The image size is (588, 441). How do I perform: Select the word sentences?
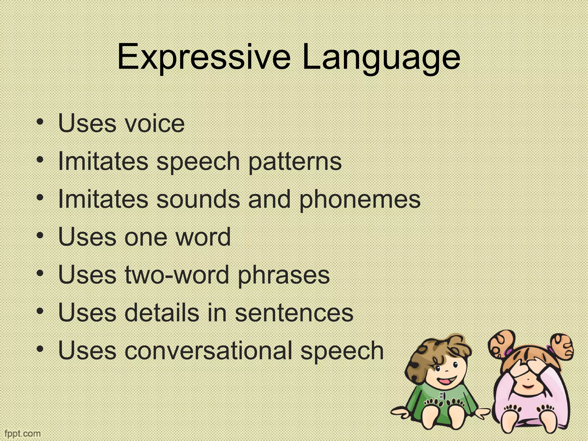(294, 313)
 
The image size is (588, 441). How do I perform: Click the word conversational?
(208, 351)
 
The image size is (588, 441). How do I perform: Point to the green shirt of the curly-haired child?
(444, 402)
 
